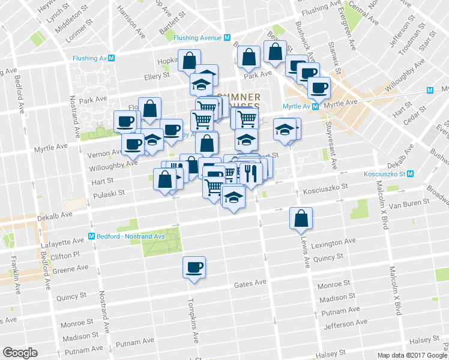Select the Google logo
[x=20, y=353]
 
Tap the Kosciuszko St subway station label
[x=388, y=174]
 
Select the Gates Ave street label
[x=250, y=283]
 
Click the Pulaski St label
[x=109, y=193]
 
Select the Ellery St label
[x=157, y=76]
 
